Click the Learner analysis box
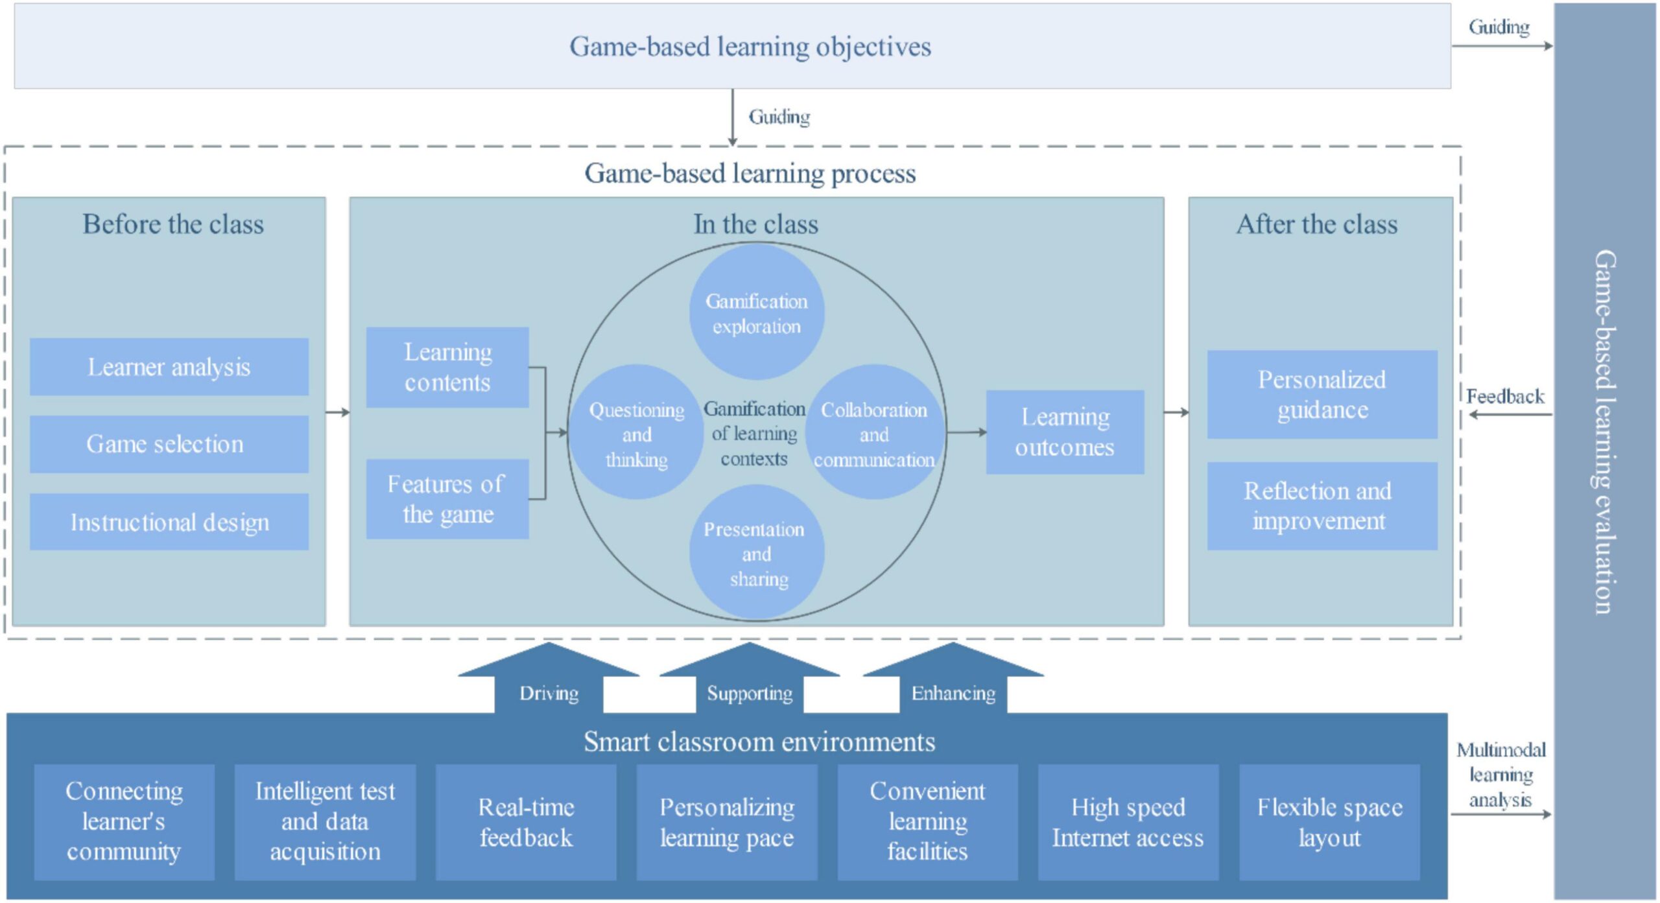tap(169, 367)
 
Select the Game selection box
tap(169, 444)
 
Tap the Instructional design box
tap(169, 522)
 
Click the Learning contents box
tap(447, 368)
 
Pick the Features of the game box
tap(447, 499)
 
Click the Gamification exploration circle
tap(756, 313)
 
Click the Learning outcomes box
tap(1065, 432)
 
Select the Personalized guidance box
tap(1322, 394)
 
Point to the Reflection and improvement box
tap(1322, 506)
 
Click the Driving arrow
tap(549, 681)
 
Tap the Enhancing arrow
tap(953, 681)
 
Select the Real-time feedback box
tap(526, 822)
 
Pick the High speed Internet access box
tap(1128, 822)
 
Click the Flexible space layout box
tap(1329, 822)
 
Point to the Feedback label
tap(1505, 396)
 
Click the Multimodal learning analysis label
tap(1500, 775)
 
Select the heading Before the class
tap(173, 224)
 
